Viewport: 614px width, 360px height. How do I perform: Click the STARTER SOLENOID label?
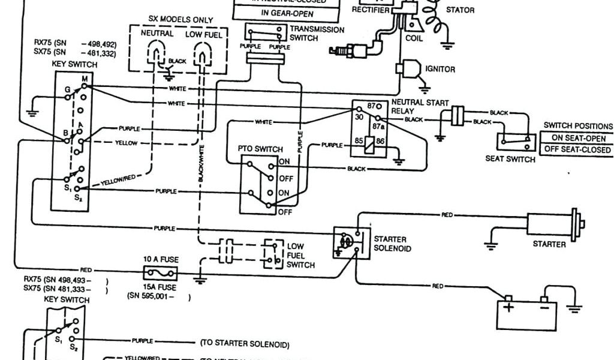[x=392, y=244]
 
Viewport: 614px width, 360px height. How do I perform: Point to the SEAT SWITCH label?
[x=510, y=159]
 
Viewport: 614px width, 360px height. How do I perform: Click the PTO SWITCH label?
[x=260, y=149]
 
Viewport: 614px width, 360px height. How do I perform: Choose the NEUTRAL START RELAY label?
[x=420, y=107]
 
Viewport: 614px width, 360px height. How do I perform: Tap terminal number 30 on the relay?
[x=358, y=117]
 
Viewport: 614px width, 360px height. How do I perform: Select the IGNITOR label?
[x=440, y=69]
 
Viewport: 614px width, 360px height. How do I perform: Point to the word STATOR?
[x=460, y=10]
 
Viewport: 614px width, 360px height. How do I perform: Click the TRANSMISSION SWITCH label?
[x=317, y=34]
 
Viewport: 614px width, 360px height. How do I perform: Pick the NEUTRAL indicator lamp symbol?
[x=157, y=58]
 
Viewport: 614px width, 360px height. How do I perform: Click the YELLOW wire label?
[x=127, y=143]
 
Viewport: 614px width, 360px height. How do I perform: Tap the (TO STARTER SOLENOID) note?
[x=244, y=344]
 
